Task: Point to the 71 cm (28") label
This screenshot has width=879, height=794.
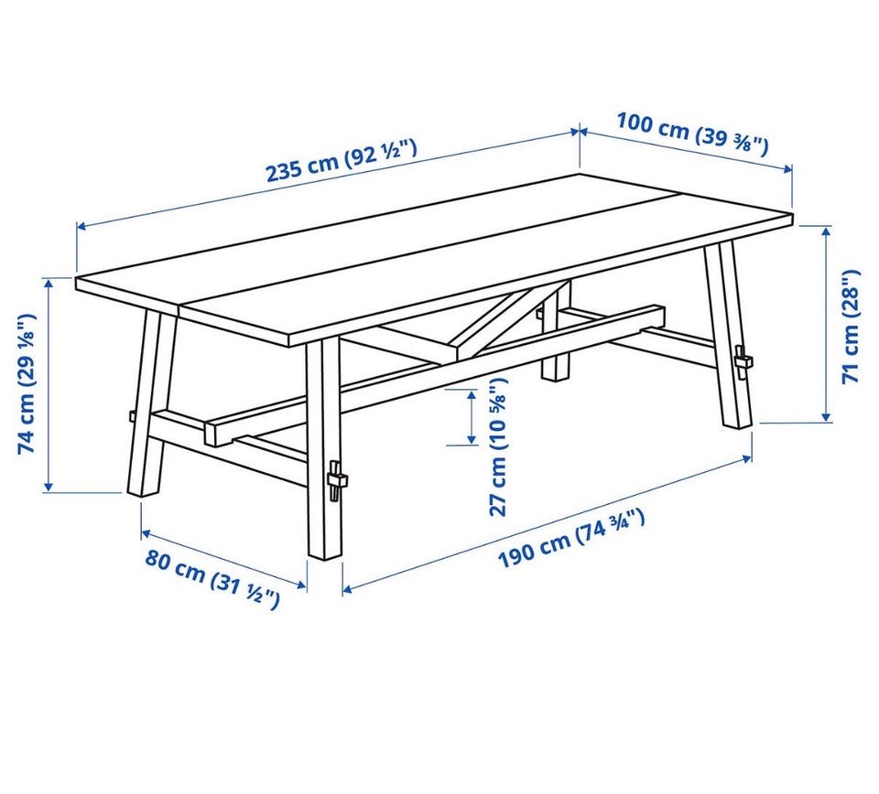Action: tap(851, 326)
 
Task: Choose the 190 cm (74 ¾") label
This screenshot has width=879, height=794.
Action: tap(571, 538)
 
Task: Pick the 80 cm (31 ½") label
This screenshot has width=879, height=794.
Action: tap(212, 579)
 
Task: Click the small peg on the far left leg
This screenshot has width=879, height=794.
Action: tap(132, 416)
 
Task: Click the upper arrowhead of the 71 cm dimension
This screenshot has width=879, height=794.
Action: tap(826, 231)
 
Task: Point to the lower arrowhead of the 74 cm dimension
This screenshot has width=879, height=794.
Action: tap(49, 487)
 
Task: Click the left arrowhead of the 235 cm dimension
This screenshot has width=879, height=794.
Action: tap(81, 226)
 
